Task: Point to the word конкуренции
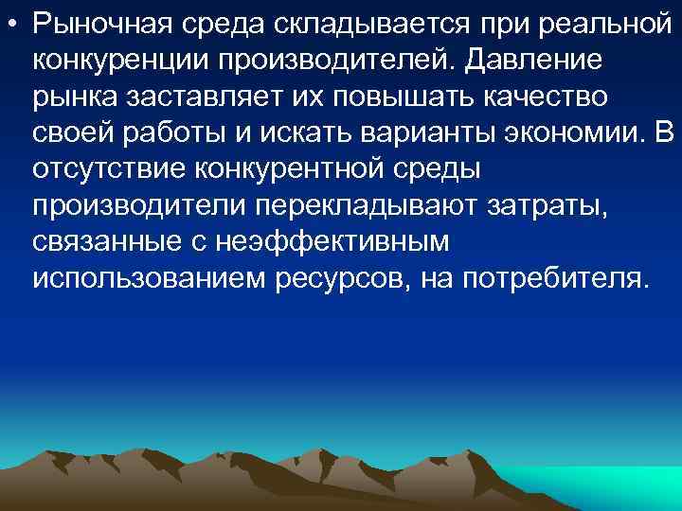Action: coord(120,60)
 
